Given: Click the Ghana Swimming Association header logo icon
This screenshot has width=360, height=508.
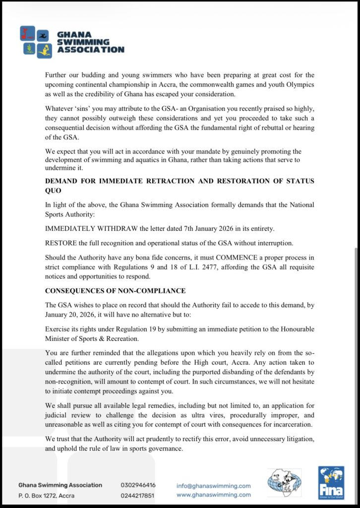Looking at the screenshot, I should point(36,42).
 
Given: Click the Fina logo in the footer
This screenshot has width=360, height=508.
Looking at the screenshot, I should point(331,482).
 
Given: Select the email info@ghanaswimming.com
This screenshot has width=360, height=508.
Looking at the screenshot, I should point(213,486).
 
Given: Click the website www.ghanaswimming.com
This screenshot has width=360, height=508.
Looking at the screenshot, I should point(213,495).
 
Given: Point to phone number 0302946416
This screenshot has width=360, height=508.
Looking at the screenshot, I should point(138,485).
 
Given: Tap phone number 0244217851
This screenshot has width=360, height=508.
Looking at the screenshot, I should point(138,495).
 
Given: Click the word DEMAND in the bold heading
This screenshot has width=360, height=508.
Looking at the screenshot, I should point(64,181).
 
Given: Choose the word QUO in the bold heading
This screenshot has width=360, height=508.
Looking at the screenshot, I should point(54,190).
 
